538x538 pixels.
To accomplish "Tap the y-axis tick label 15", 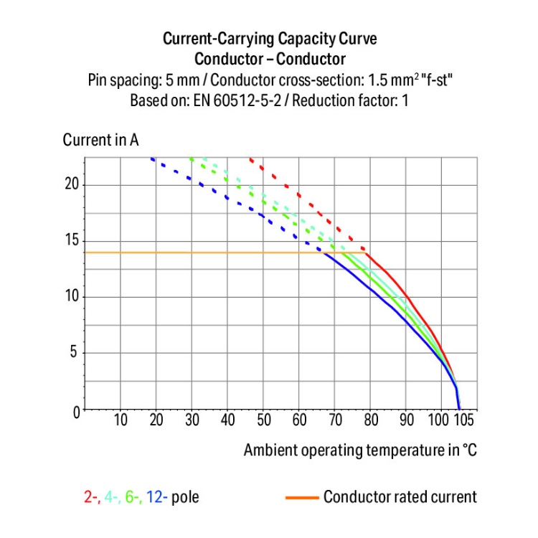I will [70, 241].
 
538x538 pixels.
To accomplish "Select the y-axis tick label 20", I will [70, 184].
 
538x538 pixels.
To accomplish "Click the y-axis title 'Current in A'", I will [100, 140].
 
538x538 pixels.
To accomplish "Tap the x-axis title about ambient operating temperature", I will [359, 450].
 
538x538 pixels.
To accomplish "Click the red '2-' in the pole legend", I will [91, 496].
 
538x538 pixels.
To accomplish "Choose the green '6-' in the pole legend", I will [134, 496].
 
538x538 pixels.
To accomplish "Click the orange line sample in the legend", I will [301, 496].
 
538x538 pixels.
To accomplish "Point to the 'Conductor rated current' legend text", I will [400, 496].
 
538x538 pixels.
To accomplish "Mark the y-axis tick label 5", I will [73, 353].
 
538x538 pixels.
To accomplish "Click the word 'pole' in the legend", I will [184, 496].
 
